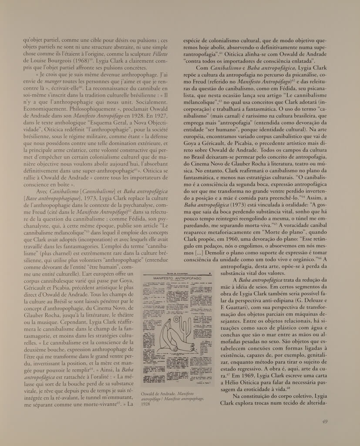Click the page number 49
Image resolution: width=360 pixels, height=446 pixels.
point(324,421)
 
